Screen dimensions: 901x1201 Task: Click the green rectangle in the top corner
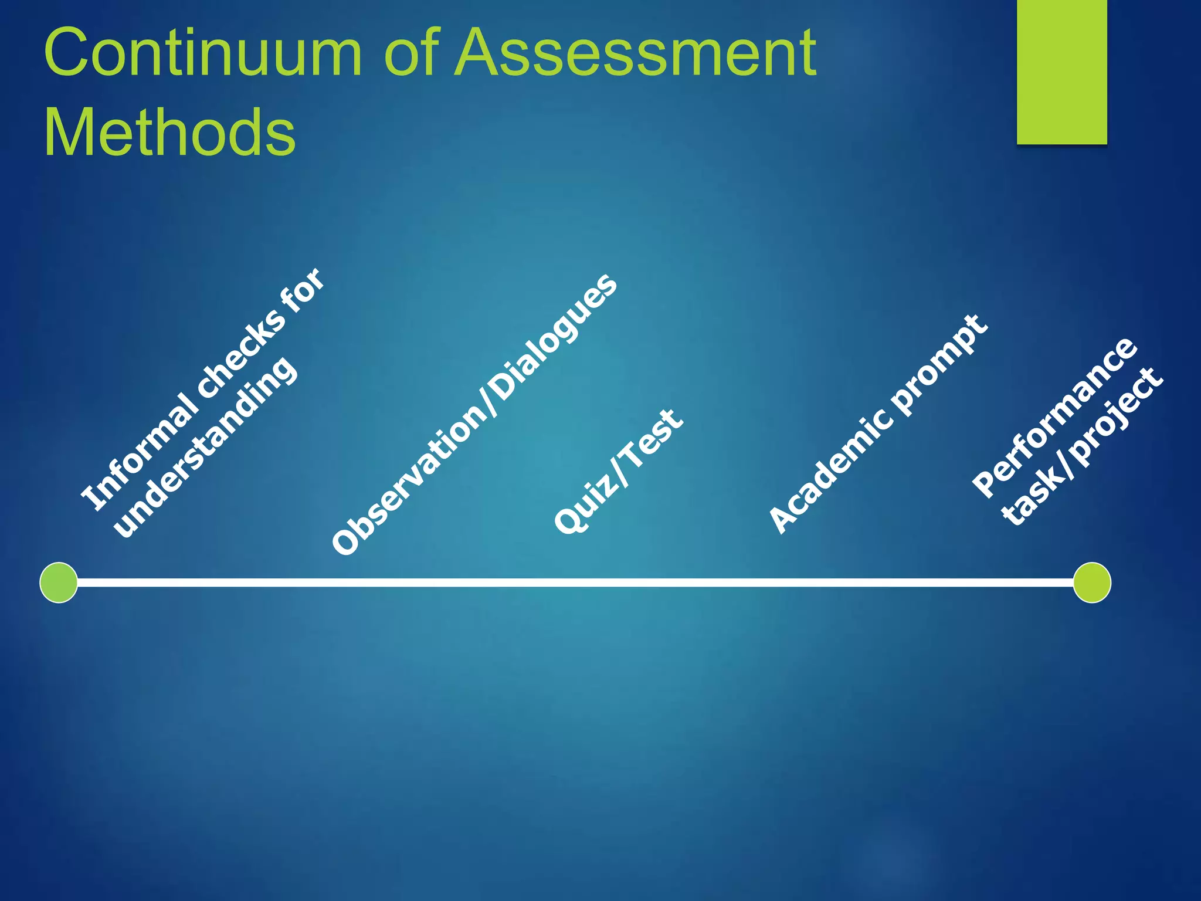pos(1061,72)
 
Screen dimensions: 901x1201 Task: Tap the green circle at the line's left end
pos(59,582)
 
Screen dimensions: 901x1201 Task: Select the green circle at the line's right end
pos(1091,582)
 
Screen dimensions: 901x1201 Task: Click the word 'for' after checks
pos(303,291)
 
